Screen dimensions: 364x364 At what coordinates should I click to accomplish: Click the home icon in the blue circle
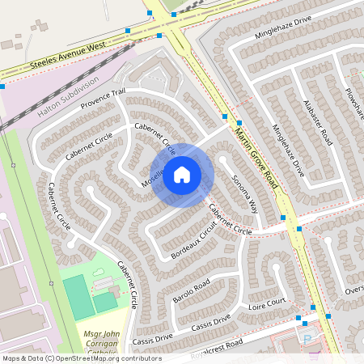click(182, 174)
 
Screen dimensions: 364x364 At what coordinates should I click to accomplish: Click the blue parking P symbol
click(306, 339)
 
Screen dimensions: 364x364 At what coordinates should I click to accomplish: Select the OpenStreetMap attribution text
click(82, 358)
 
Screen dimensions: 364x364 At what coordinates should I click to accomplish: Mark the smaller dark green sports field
click(104, 303)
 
